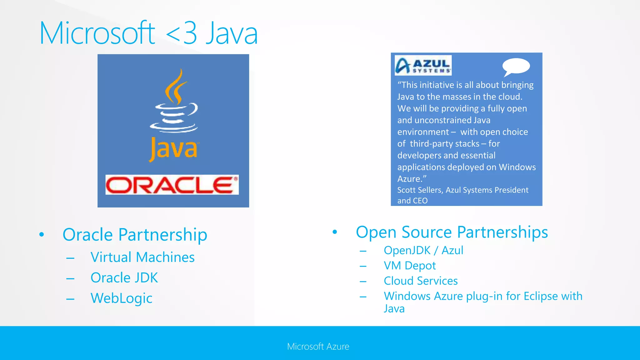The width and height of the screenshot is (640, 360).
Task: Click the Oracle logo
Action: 172,185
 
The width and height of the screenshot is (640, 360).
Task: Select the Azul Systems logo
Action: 423,65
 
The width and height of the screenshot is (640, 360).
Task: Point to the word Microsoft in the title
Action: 97,33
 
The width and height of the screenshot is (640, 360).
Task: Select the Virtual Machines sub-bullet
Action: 142,257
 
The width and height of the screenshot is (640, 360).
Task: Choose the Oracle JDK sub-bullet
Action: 124,277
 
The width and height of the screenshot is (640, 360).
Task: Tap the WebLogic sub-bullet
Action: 121,298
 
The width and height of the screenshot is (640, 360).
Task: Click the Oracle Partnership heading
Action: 135,234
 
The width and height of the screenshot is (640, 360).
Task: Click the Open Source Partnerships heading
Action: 452,232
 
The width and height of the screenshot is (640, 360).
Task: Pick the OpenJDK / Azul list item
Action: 423,250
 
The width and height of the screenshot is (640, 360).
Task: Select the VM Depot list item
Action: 409,266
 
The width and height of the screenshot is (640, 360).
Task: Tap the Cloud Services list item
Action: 421,281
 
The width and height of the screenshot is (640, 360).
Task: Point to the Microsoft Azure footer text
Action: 318,346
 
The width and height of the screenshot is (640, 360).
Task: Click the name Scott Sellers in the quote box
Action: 420,190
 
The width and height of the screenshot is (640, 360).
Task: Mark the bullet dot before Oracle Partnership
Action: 42,234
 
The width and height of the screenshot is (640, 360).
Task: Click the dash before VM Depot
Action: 363,266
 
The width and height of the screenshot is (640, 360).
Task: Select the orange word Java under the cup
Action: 173,149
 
